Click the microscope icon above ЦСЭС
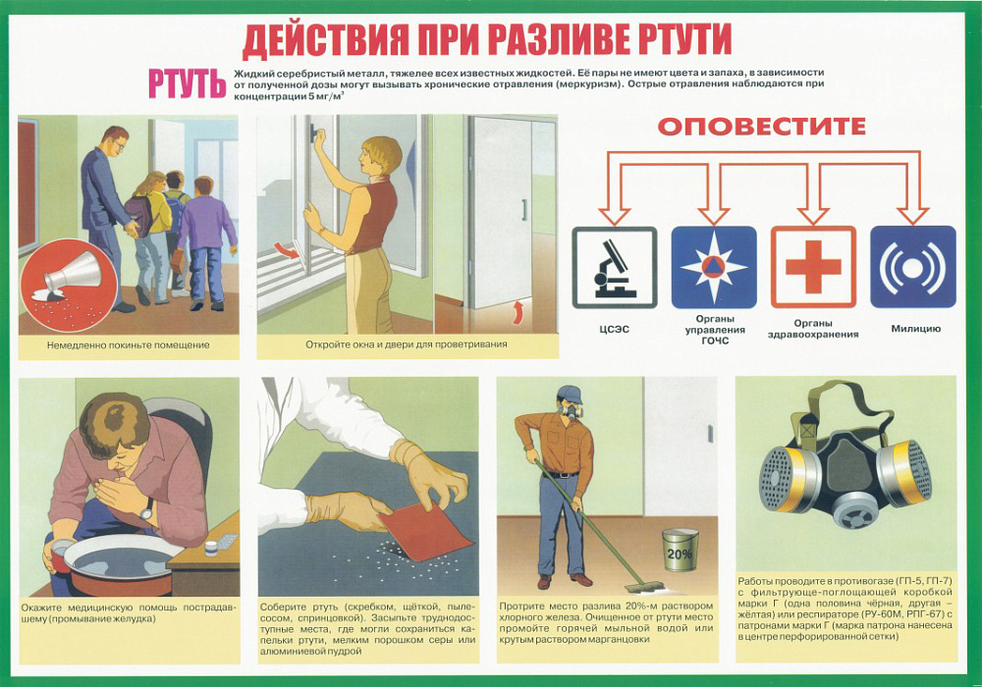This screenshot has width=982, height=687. [x=615, y=268]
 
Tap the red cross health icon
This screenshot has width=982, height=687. [x=813, y=267]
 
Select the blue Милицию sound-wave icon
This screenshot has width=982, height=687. [x=913, y=267]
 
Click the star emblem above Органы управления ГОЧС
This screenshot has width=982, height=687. [x=714, y=267]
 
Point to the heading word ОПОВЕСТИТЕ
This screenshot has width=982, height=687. [x=762, y=127]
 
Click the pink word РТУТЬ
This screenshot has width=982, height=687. [x=187, y=83]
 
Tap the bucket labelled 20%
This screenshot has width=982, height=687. [x=681, y=550]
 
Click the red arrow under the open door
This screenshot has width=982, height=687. [x=517, y=311]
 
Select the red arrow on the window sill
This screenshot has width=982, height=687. [x=288, y=251]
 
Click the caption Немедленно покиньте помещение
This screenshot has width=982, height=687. [x=129, y=344]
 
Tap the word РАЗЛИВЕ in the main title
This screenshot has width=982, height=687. [x=558, y=40]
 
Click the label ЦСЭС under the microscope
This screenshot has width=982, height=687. [x=614, y=329]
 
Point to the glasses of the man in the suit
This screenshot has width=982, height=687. [x=119, y=143]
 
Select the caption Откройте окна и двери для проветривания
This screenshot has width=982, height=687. [x=407, y=344]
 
